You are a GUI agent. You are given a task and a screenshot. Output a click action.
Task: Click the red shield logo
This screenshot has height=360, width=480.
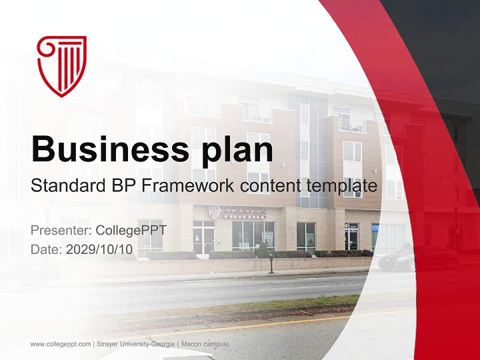tap(61, 65)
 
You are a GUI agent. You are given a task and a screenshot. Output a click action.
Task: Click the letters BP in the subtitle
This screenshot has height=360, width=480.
tap(121, 186)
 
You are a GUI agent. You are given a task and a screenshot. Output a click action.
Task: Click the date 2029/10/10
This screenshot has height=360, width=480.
tap(100, 249)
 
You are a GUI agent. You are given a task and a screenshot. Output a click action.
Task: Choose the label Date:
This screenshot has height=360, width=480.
tap(46, 249)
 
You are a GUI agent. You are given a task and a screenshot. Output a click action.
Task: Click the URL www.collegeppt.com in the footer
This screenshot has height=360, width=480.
tap(60, 344)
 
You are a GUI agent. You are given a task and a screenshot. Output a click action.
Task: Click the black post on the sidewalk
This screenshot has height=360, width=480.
tap(271, 263)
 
